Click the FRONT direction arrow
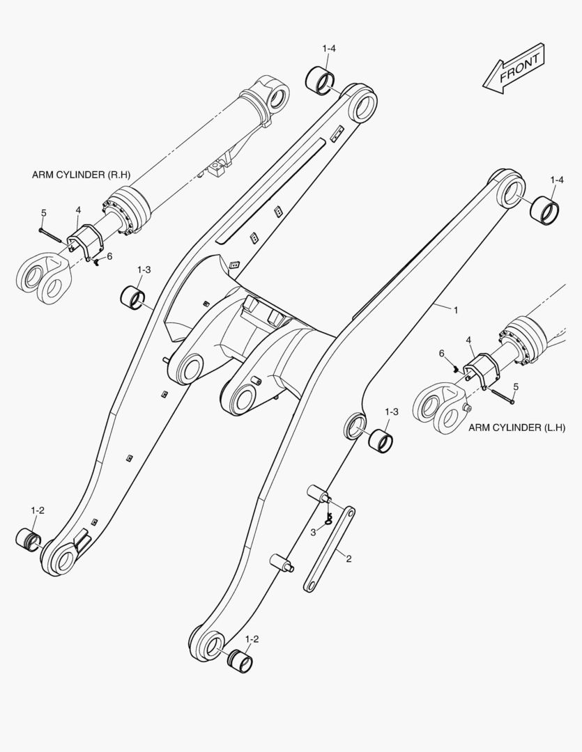(514, 68)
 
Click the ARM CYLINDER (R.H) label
(81, 175)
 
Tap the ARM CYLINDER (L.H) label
(516, 428)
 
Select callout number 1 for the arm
(456, 311)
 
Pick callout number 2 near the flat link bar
(349, 558)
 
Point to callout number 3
(313, 533)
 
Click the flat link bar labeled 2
(330, 549)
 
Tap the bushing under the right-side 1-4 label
(546, 210)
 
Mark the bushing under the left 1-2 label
(29, 540)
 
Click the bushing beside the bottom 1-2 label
(240, 660)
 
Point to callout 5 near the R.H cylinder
(44, 213)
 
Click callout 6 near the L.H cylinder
(442, 354)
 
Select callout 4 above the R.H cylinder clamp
(78, 210)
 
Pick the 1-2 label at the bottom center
(252, 639)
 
